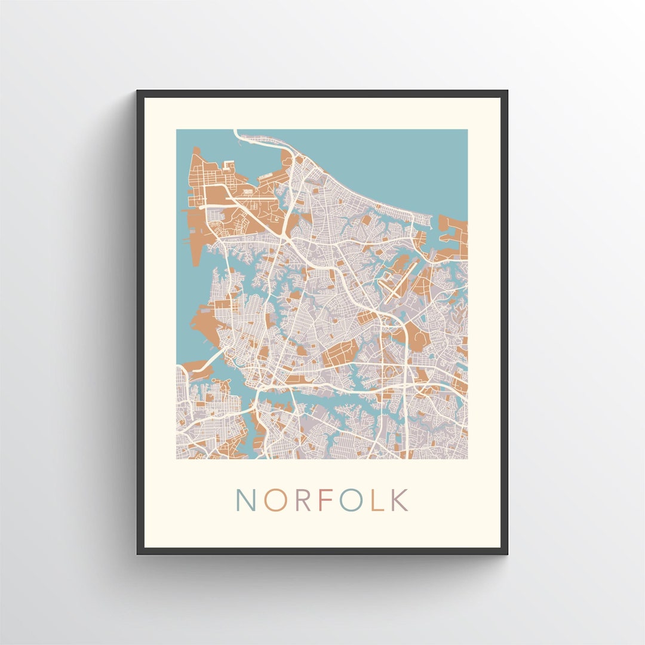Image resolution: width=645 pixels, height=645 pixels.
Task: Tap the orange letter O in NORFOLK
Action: click(x=275, y=500)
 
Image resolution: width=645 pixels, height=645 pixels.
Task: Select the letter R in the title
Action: click(x=303, y=500)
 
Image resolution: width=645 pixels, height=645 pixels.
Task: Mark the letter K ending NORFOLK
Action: click(x=399, y=500)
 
